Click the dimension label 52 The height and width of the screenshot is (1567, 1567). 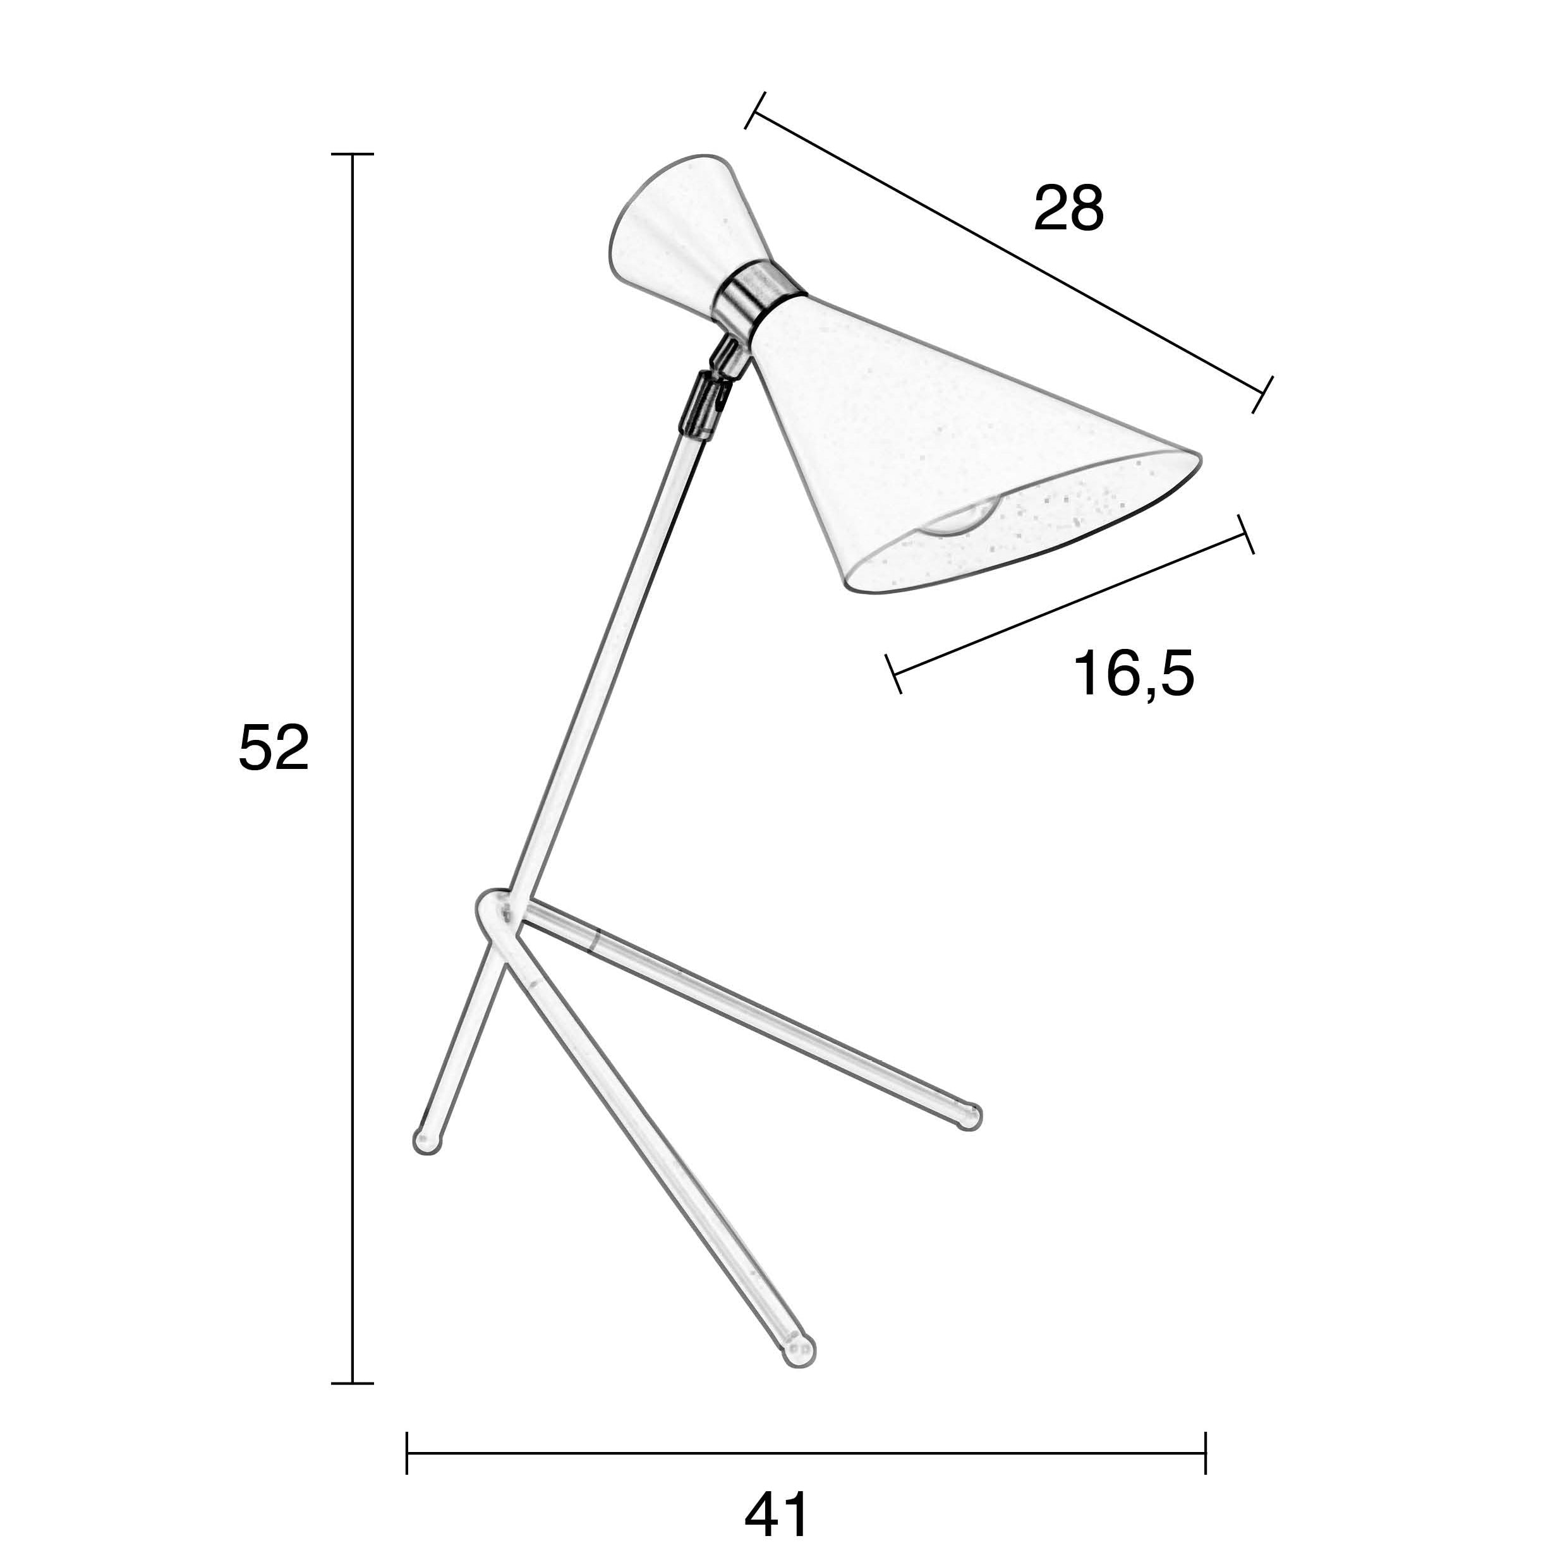tap(274, 748)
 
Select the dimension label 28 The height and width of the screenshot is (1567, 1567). tap(1068, 209)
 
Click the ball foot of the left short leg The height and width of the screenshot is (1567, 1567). tap(427, 1140)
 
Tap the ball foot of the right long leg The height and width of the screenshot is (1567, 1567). tap(969, 1118)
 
